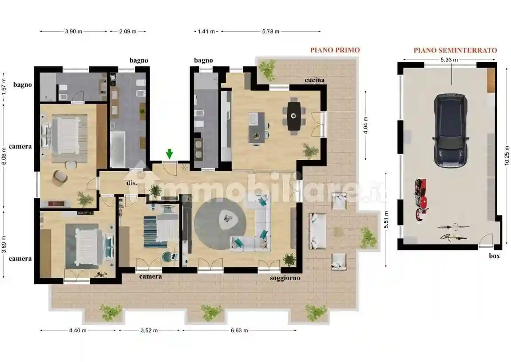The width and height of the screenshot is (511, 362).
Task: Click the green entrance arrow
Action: pyautogui.click(x=169, y=154)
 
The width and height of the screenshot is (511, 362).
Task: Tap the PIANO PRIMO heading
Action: pyautogui.click(x=335, y=50)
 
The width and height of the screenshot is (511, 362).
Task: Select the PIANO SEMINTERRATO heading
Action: pyautogui.click(x=455, y=50)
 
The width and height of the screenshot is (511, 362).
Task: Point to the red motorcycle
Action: pyautogui.click(x=421, y=199)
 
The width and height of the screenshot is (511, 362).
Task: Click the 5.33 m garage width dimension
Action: pyautogui.click(x=449, y=60)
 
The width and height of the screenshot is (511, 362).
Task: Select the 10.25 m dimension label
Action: pyautogui.click(x=507, y=155)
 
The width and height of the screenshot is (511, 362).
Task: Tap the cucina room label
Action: pyautogui.click(x=314, y=80)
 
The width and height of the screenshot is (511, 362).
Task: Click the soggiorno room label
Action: pyautogui.click(x=285, y=278)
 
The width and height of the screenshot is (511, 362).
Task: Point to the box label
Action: pyautogui.click(x=495, y=256)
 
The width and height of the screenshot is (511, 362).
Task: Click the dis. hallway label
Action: pyautogui.click(x=132, y=183)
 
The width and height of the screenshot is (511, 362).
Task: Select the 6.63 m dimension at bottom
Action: pyautogui.click(x=239, y=330)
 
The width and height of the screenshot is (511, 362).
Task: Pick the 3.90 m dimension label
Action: pyautogui.click(x=74, y=32)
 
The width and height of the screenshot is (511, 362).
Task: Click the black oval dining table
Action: pyautogui.click(x=294, y=116)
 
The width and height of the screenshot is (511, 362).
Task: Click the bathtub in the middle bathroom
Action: pyautogui.click(x=118, y=150)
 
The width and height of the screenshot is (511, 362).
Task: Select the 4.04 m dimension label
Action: pyautogui.click(x=366, y=125)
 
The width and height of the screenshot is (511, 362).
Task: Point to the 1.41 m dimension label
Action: pyautogui.click(x=206, y=32)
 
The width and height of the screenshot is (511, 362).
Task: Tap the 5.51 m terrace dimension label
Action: pyautogui.click(x=386, y=220)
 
